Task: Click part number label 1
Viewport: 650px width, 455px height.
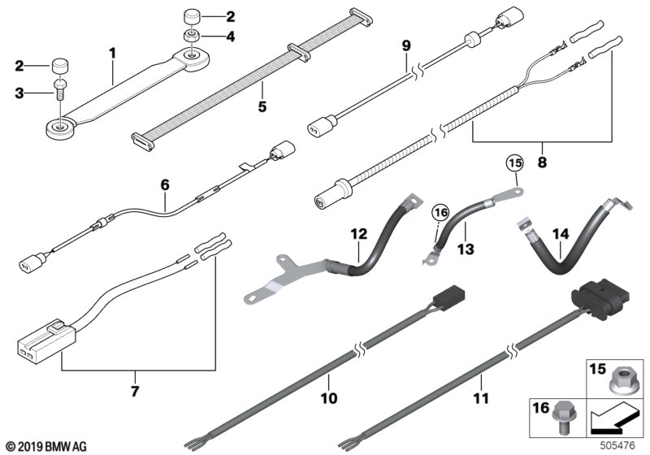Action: [112, 54]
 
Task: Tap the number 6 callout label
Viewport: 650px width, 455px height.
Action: [165, 185]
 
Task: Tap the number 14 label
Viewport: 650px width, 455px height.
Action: [558, 233]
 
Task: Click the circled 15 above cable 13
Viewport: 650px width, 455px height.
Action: [513, 163]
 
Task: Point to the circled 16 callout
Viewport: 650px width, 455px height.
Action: [440, 214]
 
